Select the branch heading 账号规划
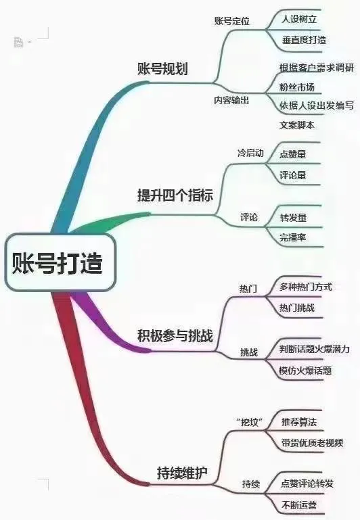coord(162,69)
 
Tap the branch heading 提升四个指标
coord(175,195)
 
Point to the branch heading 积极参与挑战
coord(175,335)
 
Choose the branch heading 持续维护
coord(182,473)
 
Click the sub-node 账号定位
coord(231,22)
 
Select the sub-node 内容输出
coord(231,100)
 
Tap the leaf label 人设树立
coord(299,19)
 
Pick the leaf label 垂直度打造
coord(304,40)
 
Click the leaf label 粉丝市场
coord(296,87)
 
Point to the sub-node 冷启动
coord(250,153)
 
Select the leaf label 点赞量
coord(292,154)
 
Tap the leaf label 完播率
coord(292,237)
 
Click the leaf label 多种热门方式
coord(305,287)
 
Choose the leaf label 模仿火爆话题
coord(305,371)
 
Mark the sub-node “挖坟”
coord(250,422)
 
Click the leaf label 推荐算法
coord(299,422)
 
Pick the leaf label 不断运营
coord(299,505)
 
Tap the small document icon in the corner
coord(18,42)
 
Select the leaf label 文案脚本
coord(296,125)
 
